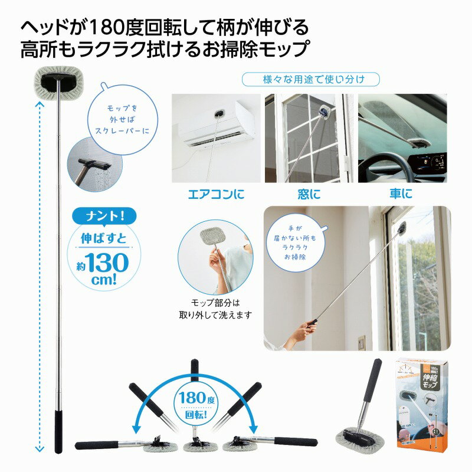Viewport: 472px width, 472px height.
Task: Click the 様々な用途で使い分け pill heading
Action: tap(310, 79)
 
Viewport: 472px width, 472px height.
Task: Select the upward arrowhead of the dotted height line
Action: tap(40, 104)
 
